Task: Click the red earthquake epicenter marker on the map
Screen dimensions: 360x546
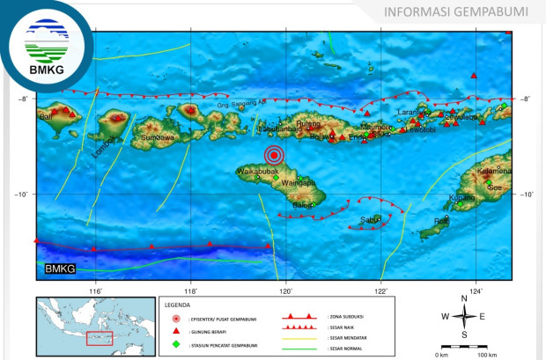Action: point(279,156)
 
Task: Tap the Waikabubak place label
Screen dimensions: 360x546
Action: point(258,170)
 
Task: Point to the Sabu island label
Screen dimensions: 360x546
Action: point(370,220)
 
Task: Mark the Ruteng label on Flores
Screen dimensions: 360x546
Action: point(308,124)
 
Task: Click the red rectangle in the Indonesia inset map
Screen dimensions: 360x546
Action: point(99,338)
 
